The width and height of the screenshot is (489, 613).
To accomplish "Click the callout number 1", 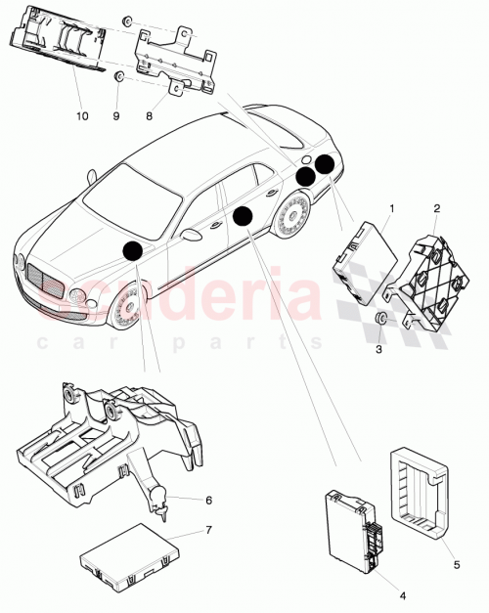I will click(392, 208).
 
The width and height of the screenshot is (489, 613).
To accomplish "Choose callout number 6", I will click(208, 500).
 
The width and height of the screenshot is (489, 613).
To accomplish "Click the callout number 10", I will click(81, 115).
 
